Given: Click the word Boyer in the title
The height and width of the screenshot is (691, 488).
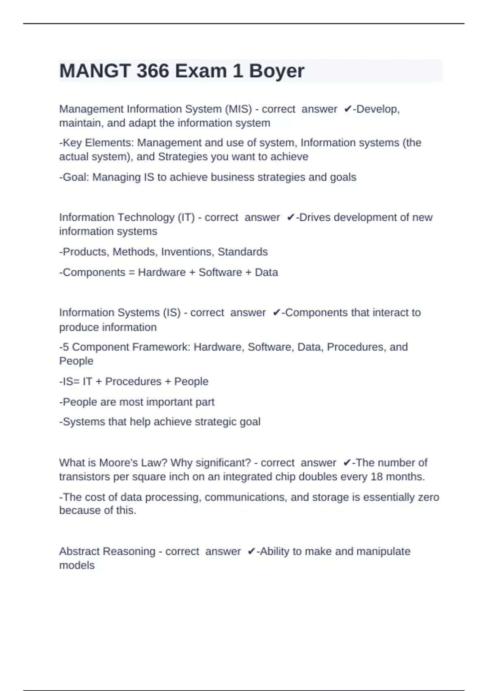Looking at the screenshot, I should pyautogui.click(x=277, y=71).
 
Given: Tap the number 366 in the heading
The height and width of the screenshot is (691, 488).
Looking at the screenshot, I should pyautogui.click(x=152, y=71).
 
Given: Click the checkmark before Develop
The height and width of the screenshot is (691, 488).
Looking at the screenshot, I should pyautogui.click(x=348, y=109).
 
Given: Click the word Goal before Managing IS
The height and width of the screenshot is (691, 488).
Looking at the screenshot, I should pyautogui.click(x=76, y=177).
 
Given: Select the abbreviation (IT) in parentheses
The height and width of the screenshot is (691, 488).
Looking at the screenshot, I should pyautogui.click(x=186, y=217).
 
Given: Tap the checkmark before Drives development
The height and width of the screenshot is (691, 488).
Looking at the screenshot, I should pyautogui.click(x=290, y=217).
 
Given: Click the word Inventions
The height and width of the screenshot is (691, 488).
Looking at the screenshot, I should pyautogui.click(x=187, y=252).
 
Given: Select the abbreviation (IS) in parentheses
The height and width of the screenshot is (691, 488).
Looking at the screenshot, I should pyautogui.click(x=172, y=313).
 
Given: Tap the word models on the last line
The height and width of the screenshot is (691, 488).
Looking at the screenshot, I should pyautogui.click(x=77, y=565).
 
